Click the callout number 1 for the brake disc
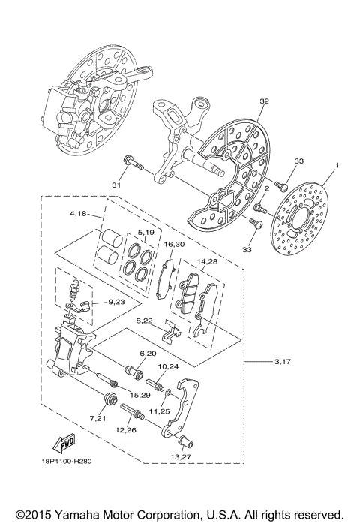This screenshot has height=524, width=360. point(337,165)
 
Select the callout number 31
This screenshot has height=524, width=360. point(116,185)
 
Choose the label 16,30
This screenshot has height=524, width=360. point(173,245)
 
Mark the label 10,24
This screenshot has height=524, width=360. point(168,366)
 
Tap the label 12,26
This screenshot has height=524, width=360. point(125,430)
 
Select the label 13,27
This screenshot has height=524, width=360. point(181,456)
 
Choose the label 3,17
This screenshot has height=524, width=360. point(282,362)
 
